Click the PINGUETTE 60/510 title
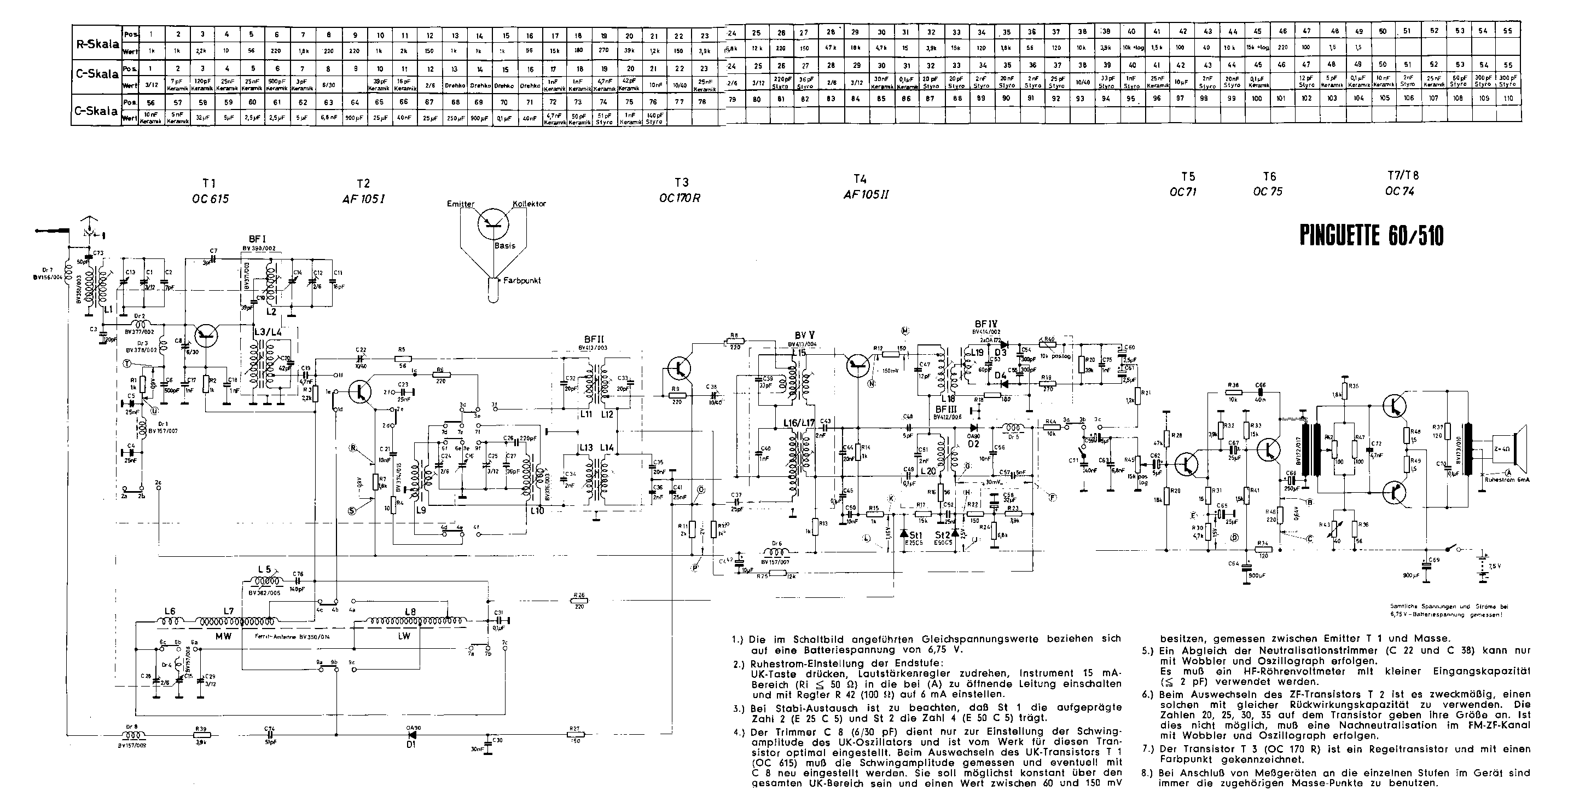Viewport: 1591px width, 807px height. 1371,236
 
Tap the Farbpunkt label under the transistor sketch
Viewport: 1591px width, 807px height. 521,280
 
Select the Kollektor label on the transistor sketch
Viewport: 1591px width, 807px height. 529,204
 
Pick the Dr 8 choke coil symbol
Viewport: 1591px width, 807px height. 131,735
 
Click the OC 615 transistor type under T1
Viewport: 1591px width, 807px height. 210,199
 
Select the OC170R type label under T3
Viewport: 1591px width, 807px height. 680,198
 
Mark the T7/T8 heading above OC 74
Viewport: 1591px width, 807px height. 1402,176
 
